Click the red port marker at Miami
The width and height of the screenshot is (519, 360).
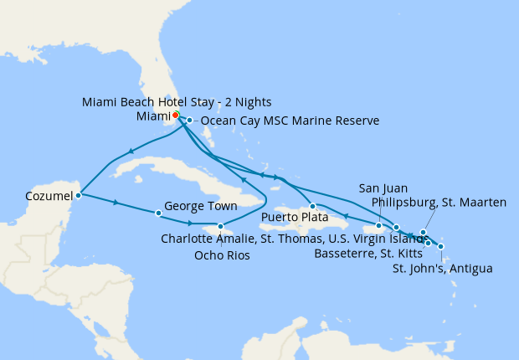tap(176, 116)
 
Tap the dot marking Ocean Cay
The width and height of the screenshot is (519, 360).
tap(190, 121)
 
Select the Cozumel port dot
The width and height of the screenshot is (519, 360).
tap(78, 196)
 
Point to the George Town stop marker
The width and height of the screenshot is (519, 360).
tap(158, 213)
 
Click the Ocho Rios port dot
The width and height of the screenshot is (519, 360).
tap(220, 226)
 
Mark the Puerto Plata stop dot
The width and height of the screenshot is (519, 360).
tap(311, 206)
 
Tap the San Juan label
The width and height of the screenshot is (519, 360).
tap(382, 187)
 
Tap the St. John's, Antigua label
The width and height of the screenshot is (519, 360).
tap(442, 269)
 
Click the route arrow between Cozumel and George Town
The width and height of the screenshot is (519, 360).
tap(115, 203)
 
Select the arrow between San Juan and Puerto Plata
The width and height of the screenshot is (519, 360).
tap(346, 216)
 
